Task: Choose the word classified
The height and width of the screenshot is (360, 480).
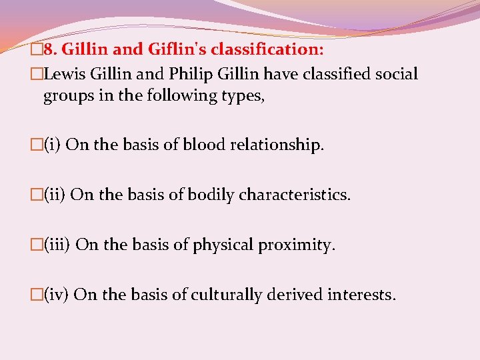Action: pos(327,73)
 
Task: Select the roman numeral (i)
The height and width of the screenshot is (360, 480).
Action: pos(53,145)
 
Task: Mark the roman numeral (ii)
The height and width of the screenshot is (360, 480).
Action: pos(55,195)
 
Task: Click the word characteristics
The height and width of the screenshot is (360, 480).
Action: pos(304,195)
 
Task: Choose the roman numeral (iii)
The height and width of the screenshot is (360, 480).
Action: pos(58,245)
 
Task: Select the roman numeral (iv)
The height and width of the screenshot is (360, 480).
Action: pos(57,294)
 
